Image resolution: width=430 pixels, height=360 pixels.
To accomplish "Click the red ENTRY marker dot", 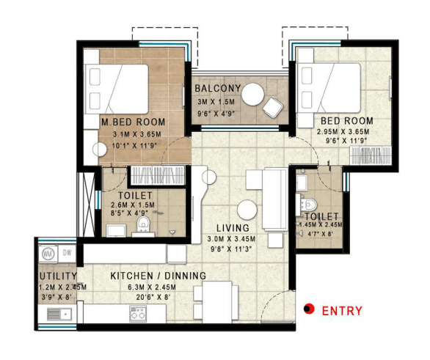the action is [309, 309].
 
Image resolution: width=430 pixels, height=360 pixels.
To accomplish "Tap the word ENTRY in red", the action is [342, 311].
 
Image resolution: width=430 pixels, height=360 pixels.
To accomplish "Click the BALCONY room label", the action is [218, 88].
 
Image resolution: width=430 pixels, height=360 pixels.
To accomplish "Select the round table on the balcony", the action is [253, 95].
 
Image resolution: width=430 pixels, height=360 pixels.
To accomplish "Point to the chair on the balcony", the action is [272, 107].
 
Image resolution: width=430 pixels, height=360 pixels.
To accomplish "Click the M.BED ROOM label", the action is [134, 122].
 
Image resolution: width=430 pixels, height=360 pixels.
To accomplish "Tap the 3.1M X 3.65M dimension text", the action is [137, 134].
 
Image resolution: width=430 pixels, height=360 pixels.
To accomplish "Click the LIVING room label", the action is [233, 228].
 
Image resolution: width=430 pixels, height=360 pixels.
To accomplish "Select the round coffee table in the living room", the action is [247, 210].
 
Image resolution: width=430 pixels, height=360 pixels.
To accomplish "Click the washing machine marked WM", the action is [48, 254].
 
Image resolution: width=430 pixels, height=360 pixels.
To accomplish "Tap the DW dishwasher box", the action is [68, 253].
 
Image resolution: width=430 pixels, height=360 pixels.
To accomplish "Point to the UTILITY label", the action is [58, 276].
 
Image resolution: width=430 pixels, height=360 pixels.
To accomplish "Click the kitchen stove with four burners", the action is [138, 314].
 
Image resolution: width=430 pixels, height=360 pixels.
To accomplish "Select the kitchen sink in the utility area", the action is [59, 315].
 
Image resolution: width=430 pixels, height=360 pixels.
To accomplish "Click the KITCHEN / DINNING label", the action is [158, 276].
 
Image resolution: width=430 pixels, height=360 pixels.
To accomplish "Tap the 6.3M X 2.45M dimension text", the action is [152, 287].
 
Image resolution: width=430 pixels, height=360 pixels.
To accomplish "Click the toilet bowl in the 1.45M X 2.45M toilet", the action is [310, 205].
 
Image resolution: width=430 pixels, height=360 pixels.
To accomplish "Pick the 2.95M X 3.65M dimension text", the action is [343, 131].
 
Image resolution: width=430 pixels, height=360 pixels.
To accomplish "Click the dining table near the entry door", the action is [217, 302].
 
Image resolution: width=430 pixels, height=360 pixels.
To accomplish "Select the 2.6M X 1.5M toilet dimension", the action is [133, 205].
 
